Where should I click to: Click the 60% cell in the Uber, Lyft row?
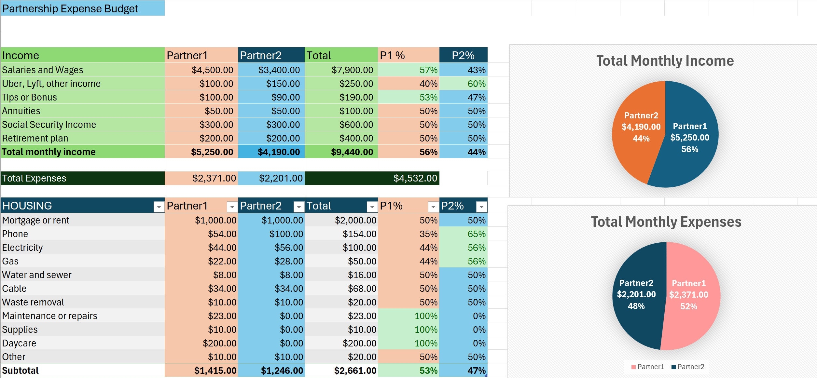pyautogui.click(x=476, y=84)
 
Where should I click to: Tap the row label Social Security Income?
pyautogui.click(x=49, y=125)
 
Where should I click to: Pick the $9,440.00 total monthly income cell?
pyautogui.click(x=352, y=152)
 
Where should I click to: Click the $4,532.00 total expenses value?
pyautogui.click(x=415, y=178)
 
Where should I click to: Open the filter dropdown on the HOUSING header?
pyautogui.click(x=159, y=207)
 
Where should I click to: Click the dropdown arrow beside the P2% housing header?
pyautogui.click(x=481, y=207)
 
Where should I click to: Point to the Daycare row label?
pyautogui.click(x=19, y=343)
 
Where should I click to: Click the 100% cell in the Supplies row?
pyautogui.click(x=426, y=330)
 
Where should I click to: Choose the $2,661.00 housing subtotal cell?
pyautogui.click(x=355, y=371)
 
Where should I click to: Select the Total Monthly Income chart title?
pyautogui.click(x=665, y=61)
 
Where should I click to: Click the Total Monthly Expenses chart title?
pyautogui.click(x=666, y=222)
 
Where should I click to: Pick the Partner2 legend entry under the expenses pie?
pyautogui.click(x=688, y=367)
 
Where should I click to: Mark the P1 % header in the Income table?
pyautogui.click(x=393, y=56)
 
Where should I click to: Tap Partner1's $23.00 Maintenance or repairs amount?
pyautogui.click(x=222, y=316)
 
